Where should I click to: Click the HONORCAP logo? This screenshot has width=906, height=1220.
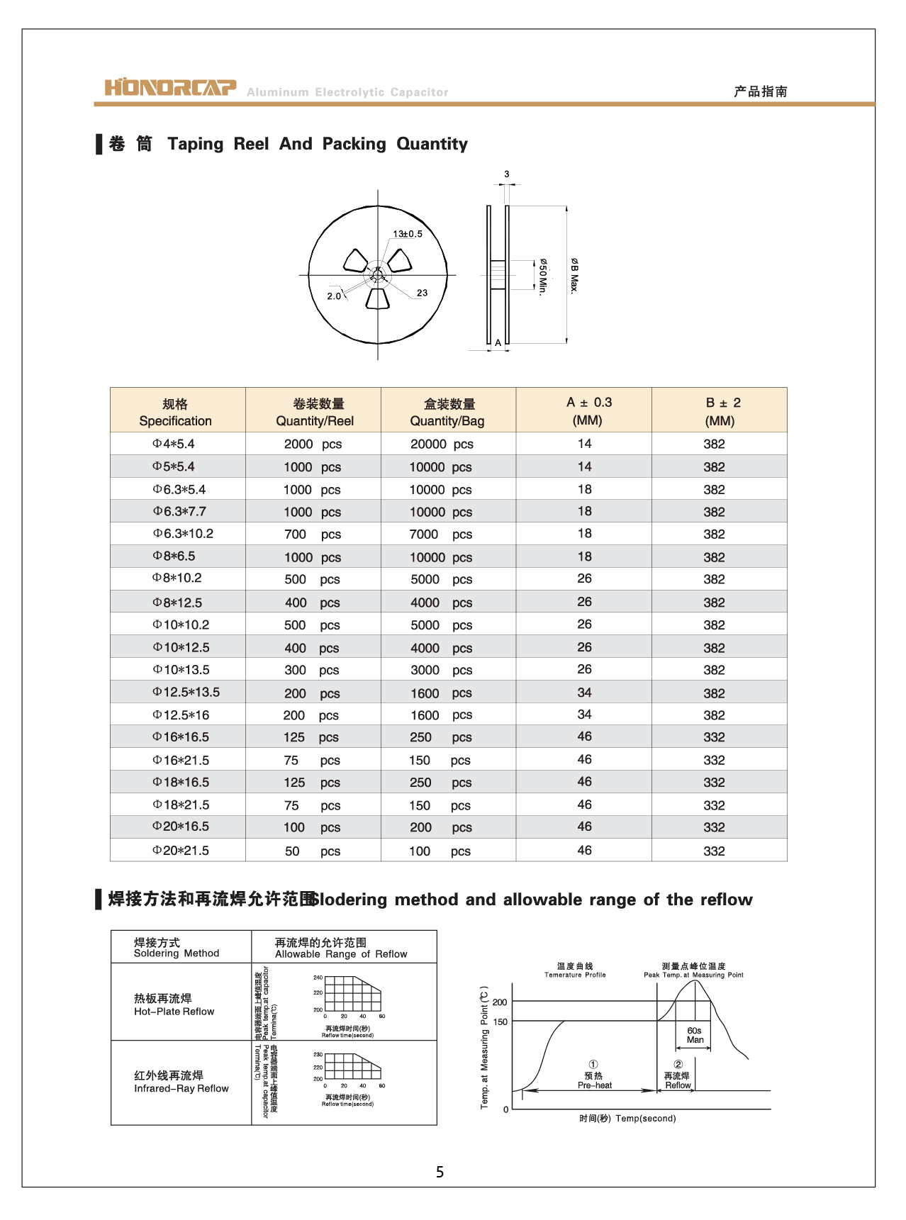[x=170, y=87]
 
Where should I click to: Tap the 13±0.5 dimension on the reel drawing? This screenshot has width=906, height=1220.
[x=408, y=234]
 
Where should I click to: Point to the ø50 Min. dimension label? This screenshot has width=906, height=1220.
[x=542, y=276]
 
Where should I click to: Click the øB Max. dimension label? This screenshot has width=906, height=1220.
[x=574, y=276]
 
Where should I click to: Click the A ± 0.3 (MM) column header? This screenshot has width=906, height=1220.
[x=588, y=411]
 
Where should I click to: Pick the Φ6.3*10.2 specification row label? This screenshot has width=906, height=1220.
[x=183, y=534]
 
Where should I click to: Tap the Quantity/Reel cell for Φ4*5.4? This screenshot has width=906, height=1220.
[x=313, y=444]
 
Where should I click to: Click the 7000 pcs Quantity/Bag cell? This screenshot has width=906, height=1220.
[x=440, y=535]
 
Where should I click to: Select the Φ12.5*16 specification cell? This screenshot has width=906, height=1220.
[x=181, y=715]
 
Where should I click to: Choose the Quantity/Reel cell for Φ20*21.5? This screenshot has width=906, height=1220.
[x=312, y=851]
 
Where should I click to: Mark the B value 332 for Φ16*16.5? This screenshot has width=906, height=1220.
[x=714, y=738]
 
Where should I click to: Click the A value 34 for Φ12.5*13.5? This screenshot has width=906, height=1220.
[x=584, y=693]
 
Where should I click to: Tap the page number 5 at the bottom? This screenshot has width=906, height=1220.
[x=440, y=1173]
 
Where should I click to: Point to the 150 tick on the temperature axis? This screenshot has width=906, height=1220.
[x=500, y=1022]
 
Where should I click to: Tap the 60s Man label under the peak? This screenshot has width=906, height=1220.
[x=695, y=1036]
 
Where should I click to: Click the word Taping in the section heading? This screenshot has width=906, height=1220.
[x=196, y=144]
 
